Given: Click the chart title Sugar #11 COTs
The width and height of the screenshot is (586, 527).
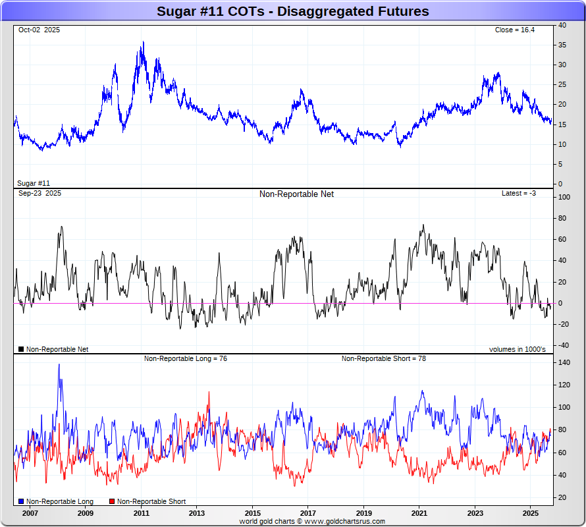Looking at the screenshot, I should click(x=292, y=11).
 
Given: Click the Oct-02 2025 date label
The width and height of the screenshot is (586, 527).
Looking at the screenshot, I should click(x=39, y=30).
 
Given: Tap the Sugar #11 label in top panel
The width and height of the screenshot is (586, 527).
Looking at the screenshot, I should click(x=34, y=183).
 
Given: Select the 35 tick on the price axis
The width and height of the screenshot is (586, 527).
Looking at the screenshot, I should click(x=562, y=45).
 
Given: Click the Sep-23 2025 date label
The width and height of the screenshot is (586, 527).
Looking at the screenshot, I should click(x=40, y=194).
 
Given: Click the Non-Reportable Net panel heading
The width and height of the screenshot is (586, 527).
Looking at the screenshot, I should click(x=296, y=194).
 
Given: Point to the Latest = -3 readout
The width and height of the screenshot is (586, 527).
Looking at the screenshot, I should click(x=519, y=194).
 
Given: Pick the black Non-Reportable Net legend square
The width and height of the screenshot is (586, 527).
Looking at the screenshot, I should click(x=21, y=349).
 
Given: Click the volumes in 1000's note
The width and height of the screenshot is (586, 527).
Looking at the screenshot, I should click(x=517, y=349).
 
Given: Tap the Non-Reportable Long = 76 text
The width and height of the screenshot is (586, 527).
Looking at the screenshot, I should click(x=186, y=358).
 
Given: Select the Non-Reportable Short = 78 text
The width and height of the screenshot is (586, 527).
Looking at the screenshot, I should click(x=383, y=358).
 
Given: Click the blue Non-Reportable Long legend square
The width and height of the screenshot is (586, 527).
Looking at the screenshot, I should click(x=21, y=501).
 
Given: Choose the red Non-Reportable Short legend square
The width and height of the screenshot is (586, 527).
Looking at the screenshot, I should click(x=112, y=501).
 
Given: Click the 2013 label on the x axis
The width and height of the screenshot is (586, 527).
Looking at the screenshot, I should click(x=197, y=513).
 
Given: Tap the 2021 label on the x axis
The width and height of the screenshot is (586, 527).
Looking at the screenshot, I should click(x=419, y=513).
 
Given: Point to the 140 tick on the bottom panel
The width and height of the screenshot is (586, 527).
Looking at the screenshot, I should click(x=564, y=362).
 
